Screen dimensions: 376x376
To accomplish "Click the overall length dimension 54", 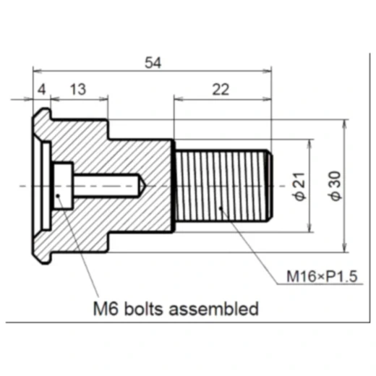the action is click(153, 63).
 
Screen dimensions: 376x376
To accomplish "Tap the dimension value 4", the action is click(42, 90).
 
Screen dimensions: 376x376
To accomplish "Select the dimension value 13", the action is click(78, 90).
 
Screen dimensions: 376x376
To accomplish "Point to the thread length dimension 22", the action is click(221, 90).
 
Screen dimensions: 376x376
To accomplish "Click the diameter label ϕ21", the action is click(300, 187).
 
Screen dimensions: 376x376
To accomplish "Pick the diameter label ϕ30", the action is click(336, 186).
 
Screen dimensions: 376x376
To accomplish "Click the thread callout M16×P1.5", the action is click(322, 276).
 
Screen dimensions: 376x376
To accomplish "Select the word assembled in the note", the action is click(213, 309).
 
